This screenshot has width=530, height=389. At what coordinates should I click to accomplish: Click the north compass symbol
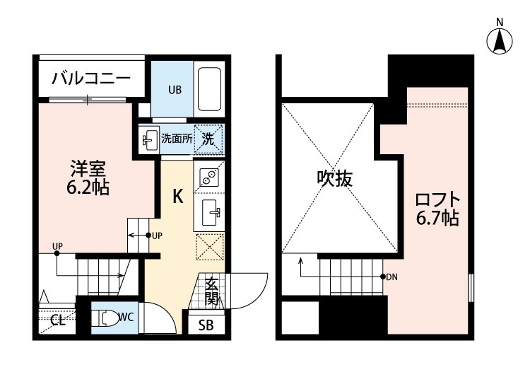500,41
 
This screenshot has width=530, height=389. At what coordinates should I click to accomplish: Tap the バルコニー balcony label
90,79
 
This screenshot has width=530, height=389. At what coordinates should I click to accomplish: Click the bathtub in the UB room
209,89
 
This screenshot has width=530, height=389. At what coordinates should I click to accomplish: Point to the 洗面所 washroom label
176,139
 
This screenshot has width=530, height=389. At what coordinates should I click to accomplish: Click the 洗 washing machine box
209,139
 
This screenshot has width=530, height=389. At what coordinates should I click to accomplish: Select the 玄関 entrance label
211,292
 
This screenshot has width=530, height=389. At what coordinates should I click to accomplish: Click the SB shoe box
206,325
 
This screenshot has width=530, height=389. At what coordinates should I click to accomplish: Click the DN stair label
391,277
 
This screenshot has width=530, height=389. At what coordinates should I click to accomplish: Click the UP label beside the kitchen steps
157,235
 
